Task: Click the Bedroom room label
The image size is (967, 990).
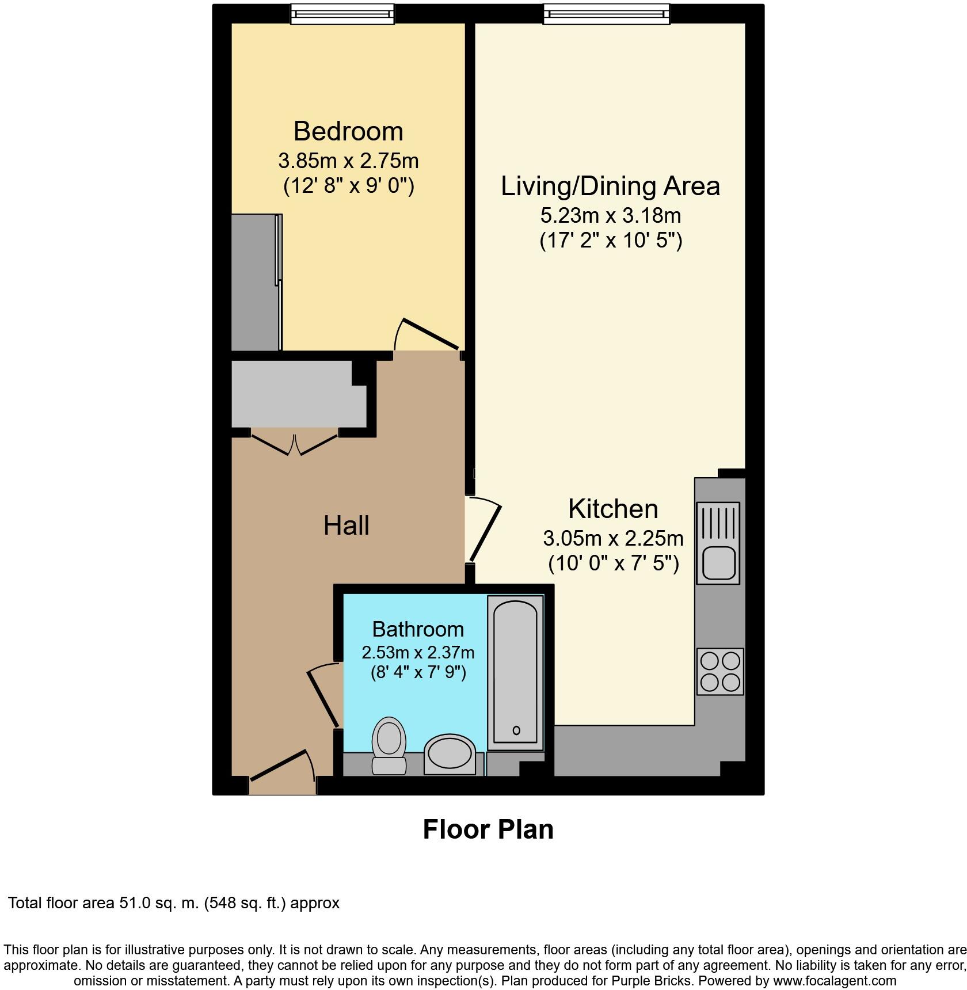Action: coord(348,131)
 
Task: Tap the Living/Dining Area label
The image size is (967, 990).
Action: coord(610,186)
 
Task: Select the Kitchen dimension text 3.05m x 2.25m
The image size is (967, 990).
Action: coord(613,538)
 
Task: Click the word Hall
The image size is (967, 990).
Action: coord(346,526)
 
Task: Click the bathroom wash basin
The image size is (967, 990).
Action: coord(450,754)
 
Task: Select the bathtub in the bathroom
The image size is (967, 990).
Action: coord(515,672)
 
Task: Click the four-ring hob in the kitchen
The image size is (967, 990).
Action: coord(720,671)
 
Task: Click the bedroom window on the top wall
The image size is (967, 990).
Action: coord(342,14)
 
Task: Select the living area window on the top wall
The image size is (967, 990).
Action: coord(607,14)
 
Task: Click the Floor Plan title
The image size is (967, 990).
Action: coord(488,829)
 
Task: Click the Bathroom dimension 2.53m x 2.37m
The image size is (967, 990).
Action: coord(418,652)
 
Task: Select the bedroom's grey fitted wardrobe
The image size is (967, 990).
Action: coord(255,282)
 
